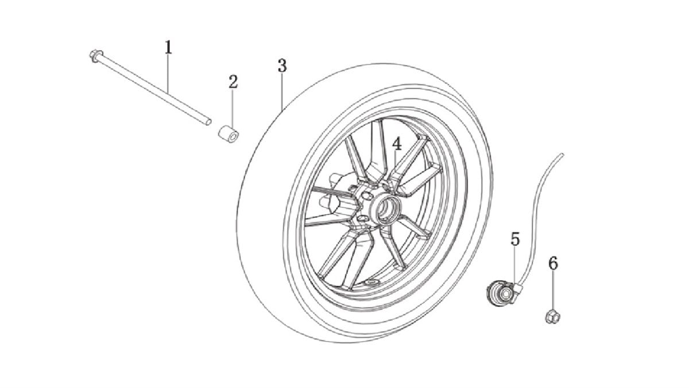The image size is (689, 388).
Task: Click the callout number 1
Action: coord(168,47)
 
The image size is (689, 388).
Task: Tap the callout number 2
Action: coord(233,82)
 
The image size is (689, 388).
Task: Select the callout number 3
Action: coord(282,66)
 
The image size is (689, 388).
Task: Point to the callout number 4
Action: coord(397,144)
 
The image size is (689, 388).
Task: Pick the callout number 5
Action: coord(515,239)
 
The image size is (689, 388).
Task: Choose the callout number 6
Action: coord(553,264)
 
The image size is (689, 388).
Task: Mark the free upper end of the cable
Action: coord(562,155)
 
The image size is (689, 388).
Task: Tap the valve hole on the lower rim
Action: coord(372,282)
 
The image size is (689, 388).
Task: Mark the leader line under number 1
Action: coord(168,74)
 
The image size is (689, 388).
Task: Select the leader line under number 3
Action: coord(282,92)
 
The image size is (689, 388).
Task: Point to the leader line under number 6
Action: coord(553,291)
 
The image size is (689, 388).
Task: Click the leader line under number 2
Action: coord(233,109)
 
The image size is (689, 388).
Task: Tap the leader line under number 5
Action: coord(514,266)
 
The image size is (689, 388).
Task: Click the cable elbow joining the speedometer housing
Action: coord(518,288)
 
